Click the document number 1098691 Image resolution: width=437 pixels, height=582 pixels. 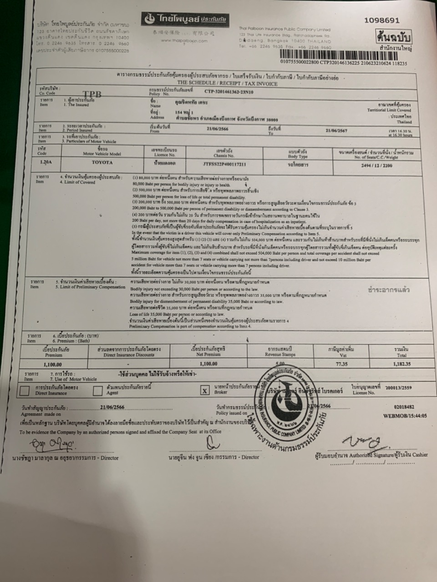coord(382,20)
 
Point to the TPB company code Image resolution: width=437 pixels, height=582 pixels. coord(91,94)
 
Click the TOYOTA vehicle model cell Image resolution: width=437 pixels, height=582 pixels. coord(102,162)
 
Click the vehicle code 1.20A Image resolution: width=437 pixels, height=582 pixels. coord(46,162)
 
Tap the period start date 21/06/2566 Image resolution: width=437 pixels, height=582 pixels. coord(217,129)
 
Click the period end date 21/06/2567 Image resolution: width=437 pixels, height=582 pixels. coord(336,130)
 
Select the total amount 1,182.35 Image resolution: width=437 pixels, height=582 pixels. coord(401,364)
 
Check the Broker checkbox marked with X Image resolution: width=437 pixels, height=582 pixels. coord(205,390)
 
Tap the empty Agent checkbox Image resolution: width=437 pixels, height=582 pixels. coord(97,390)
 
